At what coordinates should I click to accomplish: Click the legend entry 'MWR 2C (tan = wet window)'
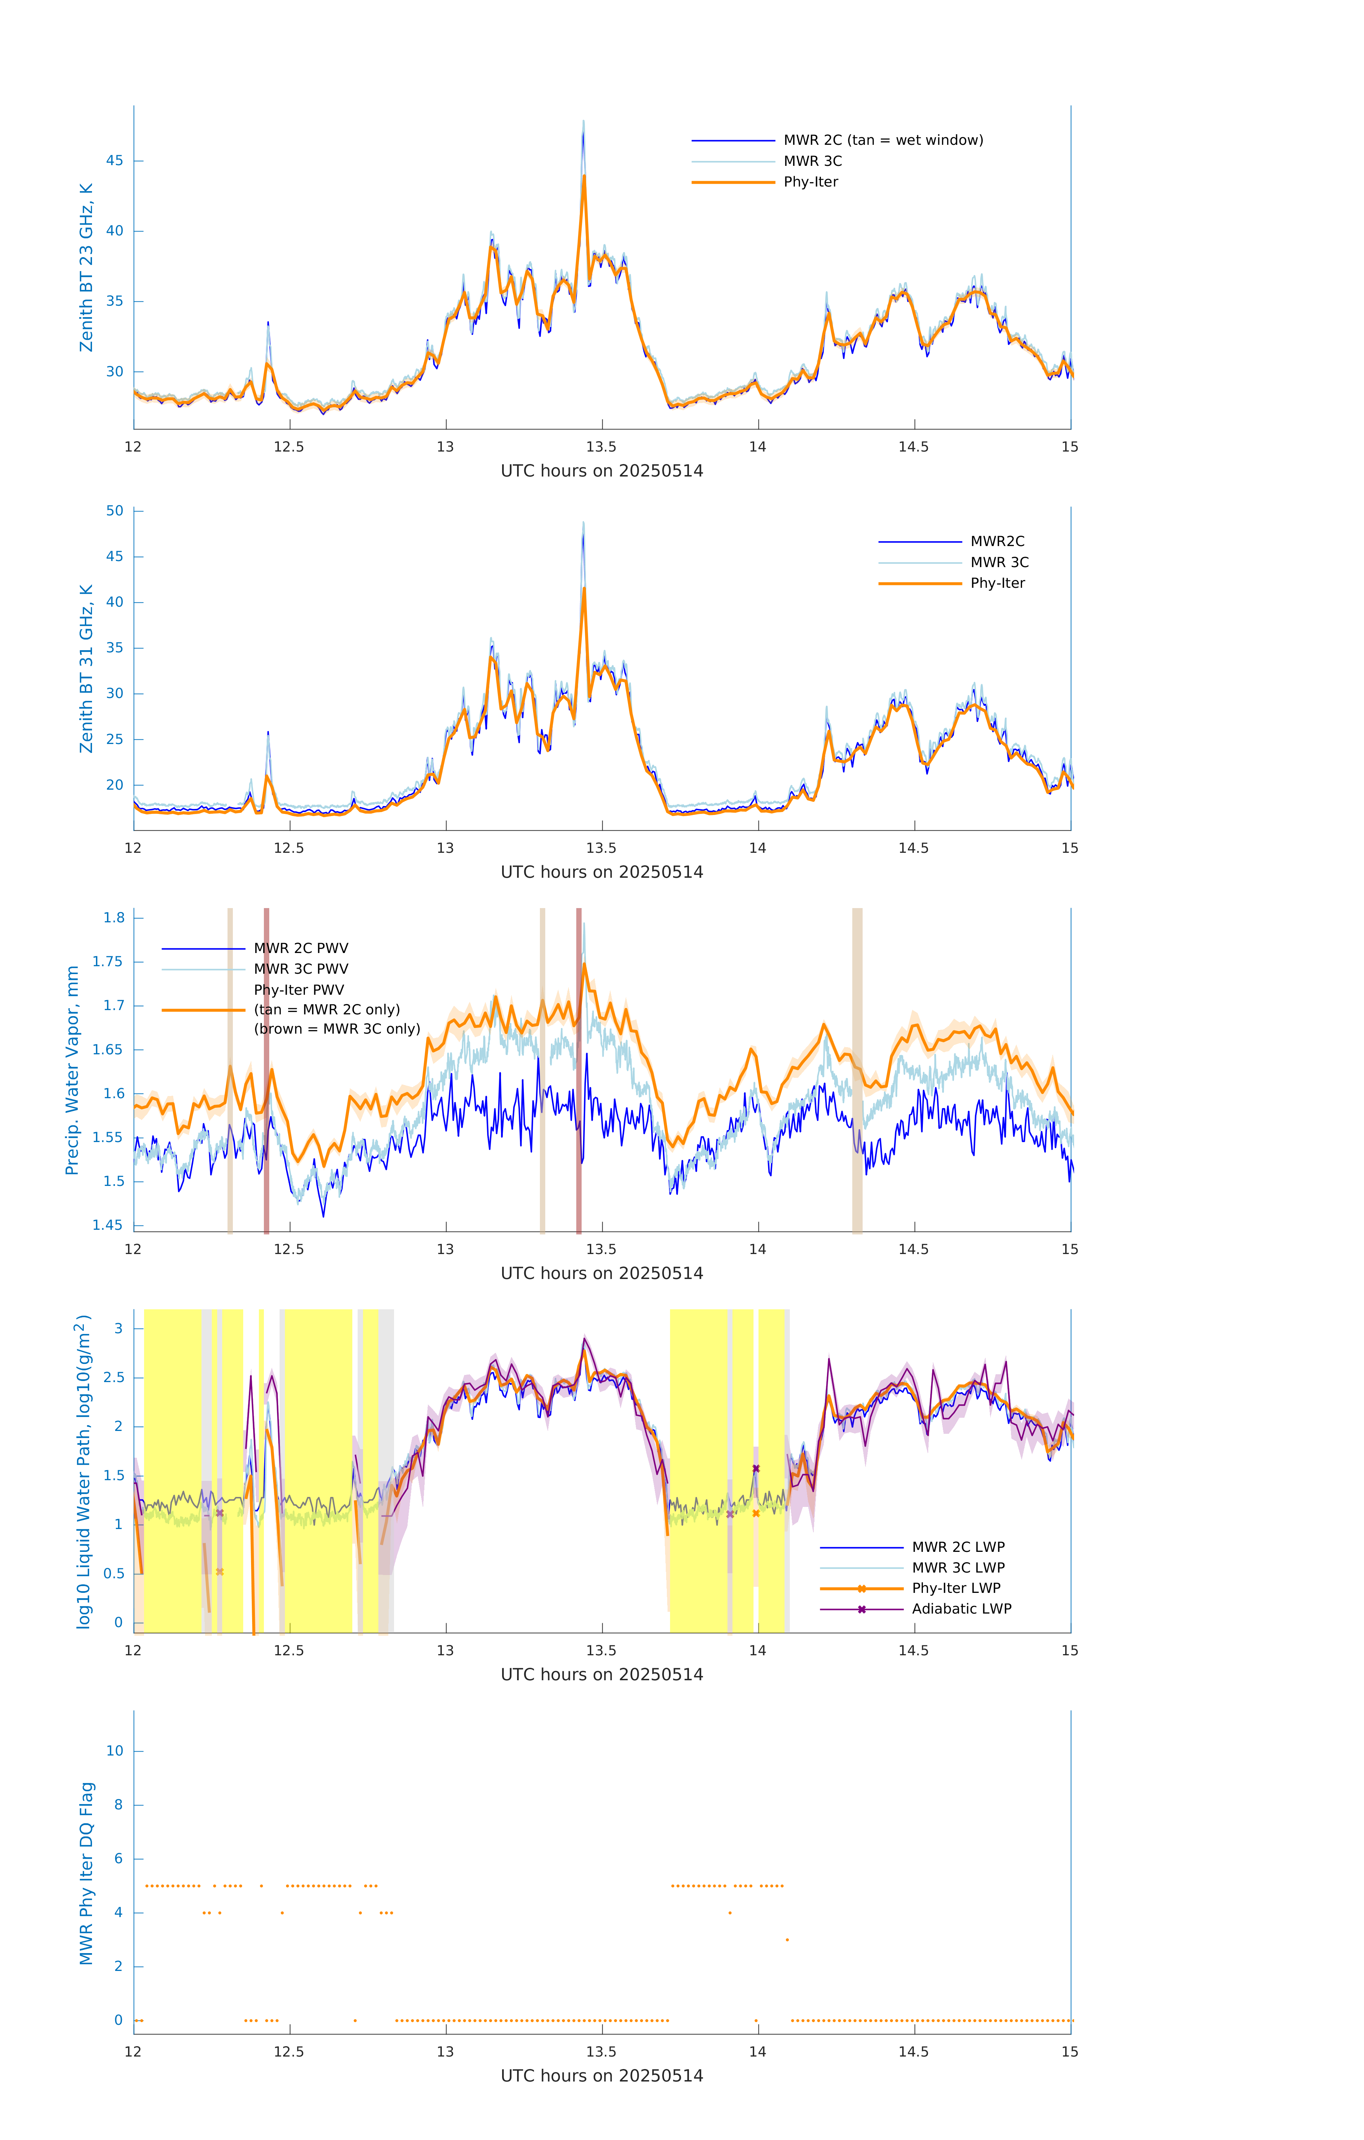click(x=882, y=141)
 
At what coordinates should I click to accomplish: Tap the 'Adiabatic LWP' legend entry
click(x=961, y=1609)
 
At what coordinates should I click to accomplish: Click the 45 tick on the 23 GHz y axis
click(x=114, y=161)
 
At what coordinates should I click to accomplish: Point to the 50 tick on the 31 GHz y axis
click(x=114, y=511)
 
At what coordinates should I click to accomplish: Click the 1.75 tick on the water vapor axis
click(x=108, y=962)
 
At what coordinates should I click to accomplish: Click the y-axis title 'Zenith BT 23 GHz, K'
click(x=86, y=267)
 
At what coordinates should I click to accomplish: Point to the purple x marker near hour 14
click(x=756, y=1469)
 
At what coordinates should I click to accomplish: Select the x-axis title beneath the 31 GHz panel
click(x=602, y=872)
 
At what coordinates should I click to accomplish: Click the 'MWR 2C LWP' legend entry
click(x=958, y=1547)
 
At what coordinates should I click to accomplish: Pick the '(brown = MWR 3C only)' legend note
click(x=337, y=1029)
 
